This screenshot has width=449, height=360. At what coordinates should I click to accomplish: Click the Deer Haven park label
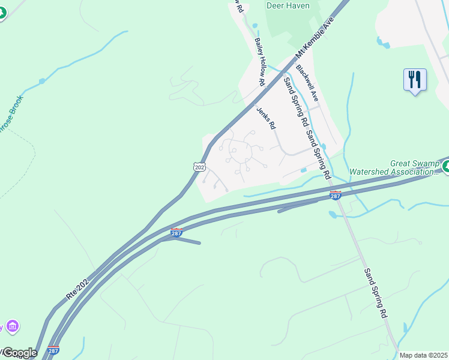[288, 6]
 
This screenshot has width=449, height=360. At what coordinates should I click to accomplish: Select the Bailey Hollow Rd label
[261, 60]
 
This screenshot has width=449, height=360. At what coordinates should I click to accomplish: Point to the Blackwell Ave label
[307, 83]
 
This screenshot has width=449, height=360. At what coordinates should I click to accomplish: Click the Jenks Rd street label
[265, 118]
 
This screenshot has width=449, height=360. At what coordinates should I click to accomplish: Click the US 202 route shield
[199, 166]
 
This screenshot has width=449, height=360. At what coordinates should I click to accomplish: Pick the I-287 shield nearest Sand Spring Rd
[336, 196]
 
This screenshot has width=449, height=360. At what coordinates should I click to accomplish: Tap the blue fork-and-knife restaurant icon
[415, 80]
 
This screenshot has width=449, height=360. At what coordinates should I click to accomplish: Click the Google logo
[19, 353]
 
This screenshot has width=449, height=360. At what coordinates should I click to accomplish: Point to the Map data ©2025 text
[423, 355]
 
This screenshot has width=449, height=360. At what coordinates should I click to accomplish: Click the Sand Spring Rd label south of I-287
[375, 293]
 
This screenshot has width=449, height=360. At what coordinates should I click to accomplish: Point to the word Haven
[298, 6]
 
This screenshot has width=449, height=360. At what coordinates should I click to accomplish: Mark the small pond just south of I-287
[333, 214]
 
